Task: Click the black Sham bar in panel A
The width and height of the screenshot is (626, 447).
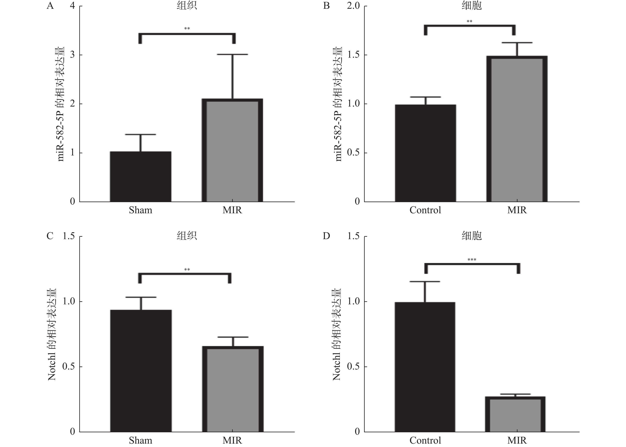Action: [x=140, y=176]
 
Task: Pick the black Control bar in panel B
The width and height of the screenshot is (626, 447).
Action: [x=425, y=153]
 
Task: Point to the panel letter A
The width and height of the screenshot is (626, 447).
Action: [x=50, y=6]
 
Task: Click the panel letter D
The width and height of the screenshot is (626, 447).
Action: [x=326, y=236]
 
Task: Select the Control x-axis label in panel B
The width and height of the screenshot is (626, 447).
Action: [x=425, y=210]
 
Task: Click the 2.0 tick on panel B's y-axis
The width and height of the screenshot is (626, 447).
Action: [x=353, y=6]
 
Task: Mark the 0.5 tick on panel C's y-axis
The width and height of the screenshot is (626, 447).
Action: [x=69, y=367]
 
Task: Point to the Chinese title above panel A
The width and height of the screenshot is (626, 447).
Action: [x=187, y=6]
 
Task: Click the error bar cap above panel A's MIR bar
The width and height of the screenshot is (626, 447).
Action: [x=232, y=54]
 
